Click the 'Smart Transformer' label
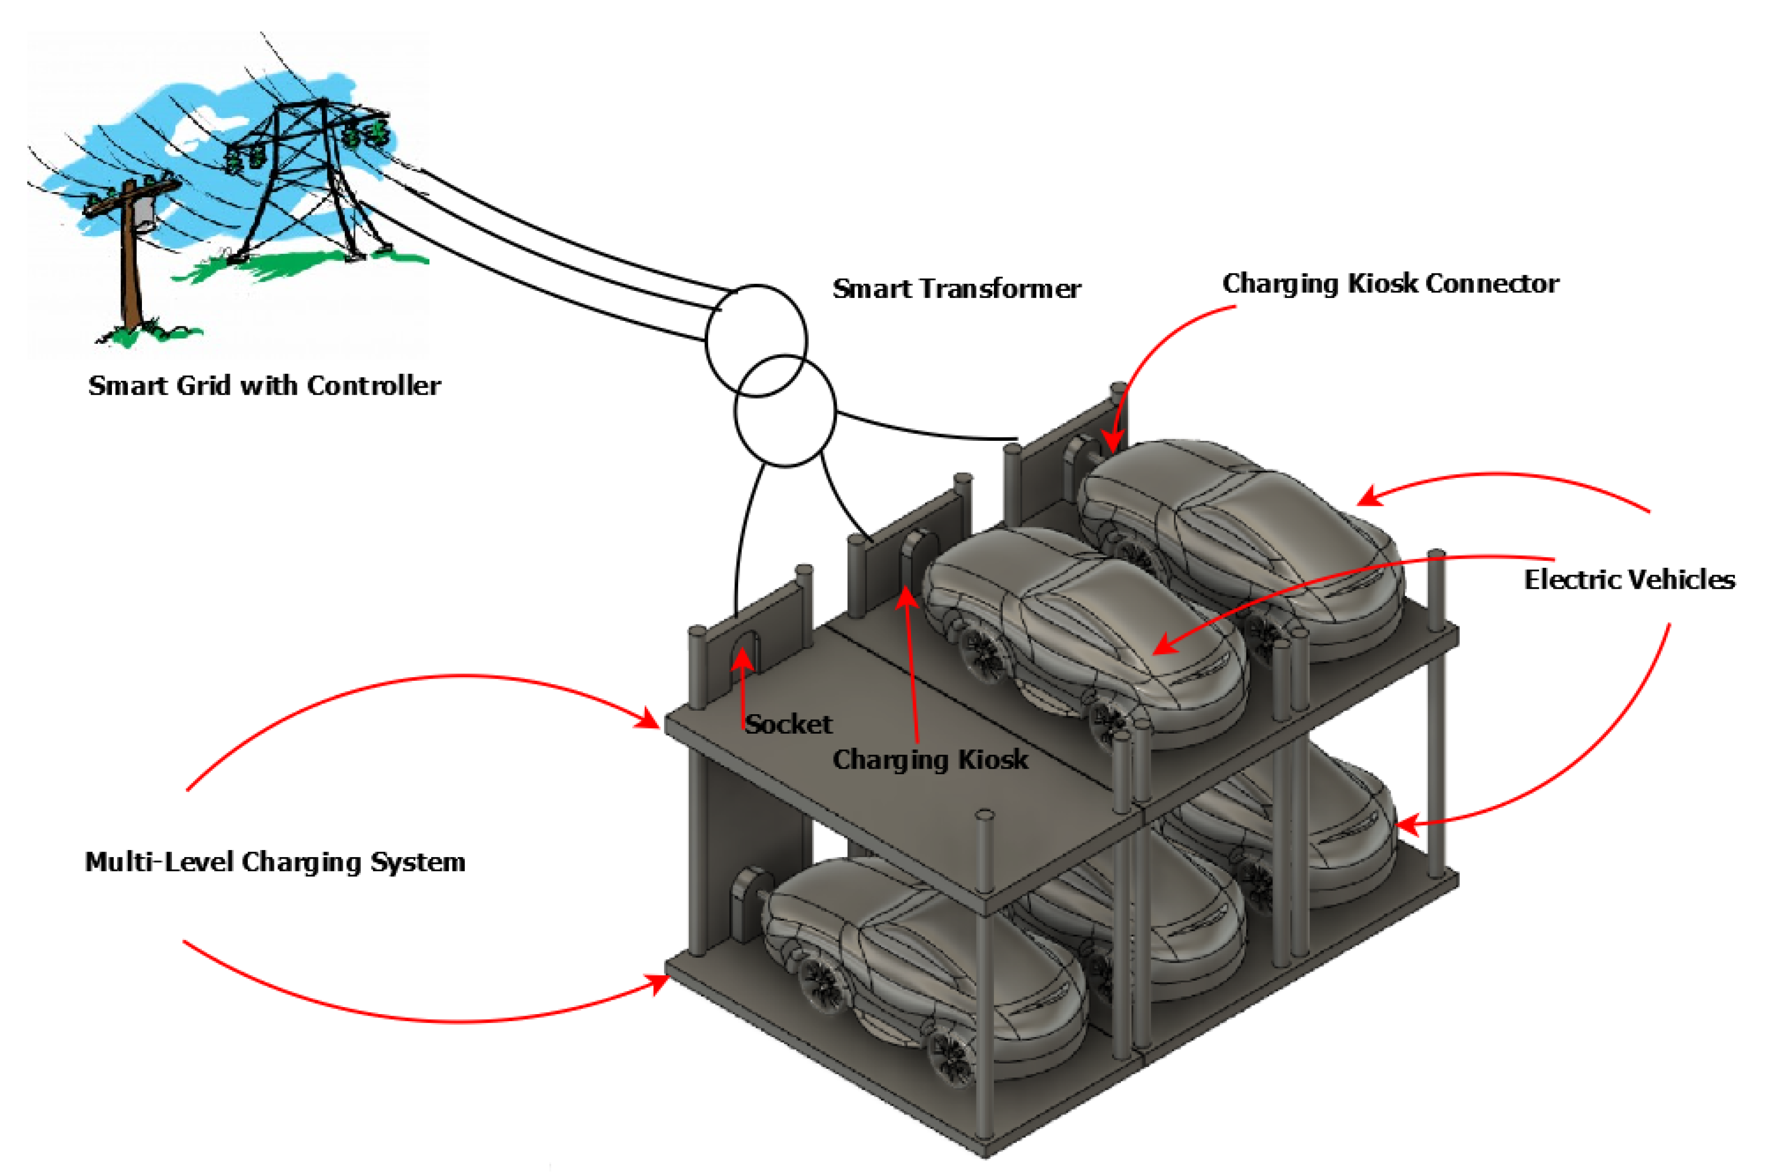click(x=955, y=289)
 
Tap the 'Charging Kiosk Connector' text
click(x=1390, y=284)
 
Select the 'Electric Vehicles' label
click(x=1629, y=580)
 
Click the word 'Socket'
click(x=789, y=724)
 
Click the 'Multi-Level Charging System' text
click(x=275, y=862)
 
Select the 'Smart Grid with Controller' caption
click(x=264, y=385)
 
